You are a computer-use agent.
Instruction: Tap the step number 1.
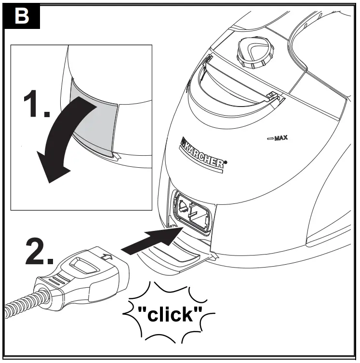(x=36, y=105)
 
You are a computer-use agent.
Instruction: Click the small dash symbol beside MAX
(x=269, y=139)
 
